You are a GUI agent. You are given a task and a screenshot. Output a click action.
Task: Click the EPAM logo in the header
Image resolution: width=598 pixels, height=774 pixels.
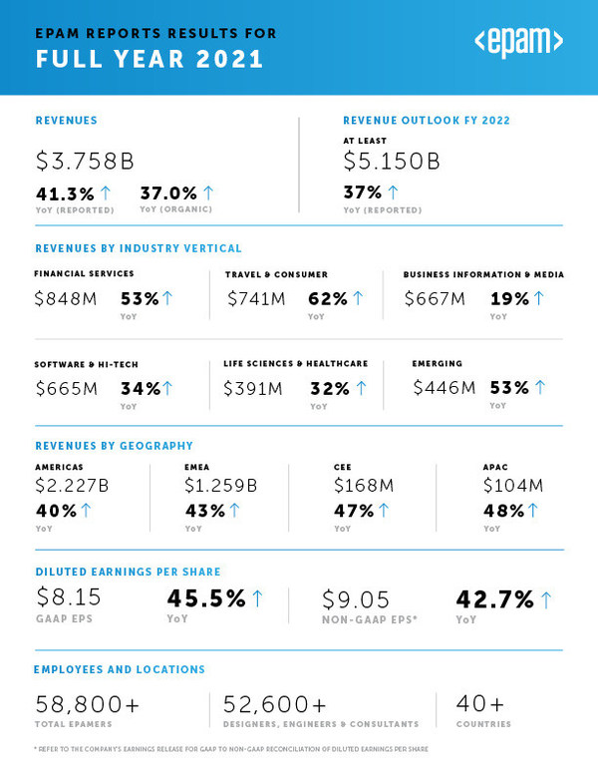point(518,42)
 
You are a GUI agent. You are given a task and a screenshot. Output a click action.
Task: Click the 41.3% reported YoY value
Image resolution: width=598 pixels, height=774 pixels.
point(66,193)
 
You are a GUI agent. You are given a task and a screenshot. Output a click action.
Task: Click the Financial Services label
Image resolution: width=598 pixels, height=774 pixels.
point(84,273)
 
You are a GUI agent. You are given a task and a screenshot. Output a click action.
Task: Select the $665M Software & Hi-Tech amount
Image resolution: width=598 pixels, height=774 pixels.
point(66,388)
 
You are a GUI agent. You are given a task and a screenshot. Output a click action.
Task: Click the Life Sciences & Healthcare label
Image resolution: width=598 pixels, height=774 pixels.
point(296,364)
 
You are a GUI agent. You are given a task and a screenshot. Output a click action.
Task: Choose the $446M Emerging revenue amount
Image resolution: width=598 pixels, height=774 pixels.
point(445,387)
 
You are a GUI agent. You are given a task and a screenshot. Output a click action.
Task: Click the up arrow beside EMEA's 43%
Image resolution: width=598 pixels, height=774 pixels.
point(234,511)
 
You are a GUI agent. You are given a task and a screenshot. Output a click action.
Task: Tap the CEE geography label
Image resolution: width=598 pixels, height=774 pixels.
point(343,466)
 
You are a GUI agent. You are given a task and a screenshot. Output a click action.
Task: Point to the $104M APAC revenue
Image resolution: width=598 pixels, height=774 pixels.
point(512,486)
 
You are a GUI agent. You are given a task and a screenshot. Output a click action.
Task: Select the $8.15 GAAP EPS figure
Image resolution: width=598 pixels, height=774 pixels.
point(68,597)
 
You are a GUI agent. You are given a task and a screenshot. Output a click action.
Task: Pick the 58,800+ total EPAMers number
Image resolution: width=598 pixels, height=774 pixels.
point(88,705)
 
